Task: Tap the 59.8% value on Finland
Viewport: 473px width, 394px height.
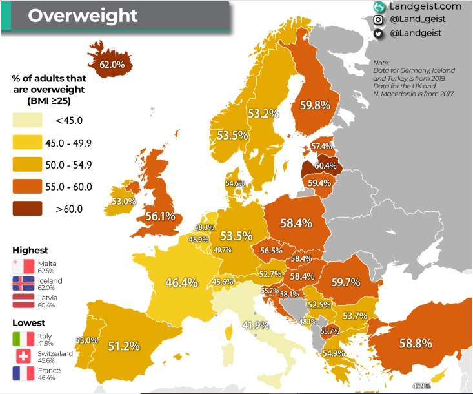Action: tap(315, 105)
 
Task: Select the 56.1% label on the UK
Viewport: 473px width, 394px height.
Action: tap(160, 216)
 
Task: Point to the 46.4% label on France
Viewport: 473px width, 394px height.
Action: tap(181, 282)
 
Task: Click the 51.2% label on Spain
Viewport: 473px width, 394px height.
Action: tap(123, 346)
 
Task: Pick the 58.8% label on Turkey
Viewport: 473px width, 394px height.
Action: tap(416, 344)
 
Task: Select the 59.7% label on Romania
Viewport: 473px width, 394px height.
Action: tap(345, 282)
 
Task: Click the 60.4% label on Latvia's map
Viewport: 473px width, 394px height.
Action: tap(326, 166)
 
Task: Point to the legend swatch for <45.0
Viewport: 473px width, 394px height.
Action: tap(26, 119)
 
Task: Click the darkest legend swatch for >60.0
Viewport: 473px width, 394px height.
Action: tap(26, 208)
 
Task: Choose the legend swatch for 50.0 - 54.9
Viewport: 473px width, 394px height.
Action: tap(26, 164)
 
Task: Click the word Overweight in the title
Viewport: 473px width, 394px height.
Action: tap(83, 16)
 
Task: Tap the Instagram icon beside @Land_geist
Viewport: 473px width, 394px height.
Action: tap(378, 19)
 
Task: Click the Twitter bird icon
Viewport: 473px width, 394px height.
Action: tap(378, 34)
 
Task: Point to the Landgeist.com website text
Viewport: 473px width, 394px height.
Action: tap(426, 6)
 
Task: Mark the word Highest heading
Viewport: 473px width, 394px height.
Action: tap(30, 250)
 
